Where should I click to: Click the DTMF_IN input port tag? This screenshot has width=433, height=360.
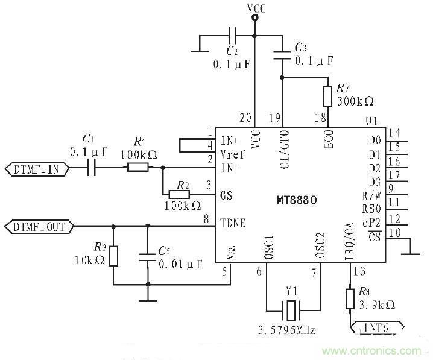(37, 169)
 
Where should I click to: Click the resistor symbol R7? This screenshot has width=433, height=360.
(327, 95)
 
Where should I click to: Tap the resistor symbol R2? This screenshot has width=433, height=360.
(179, 194)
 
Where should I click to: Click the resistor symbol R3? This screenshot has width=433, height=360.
(113, 255)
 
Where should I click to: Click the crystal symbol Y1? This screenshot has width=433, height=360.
(292, 312)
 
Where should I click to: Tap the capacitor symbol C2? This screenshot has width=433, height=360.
(233, 34)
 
